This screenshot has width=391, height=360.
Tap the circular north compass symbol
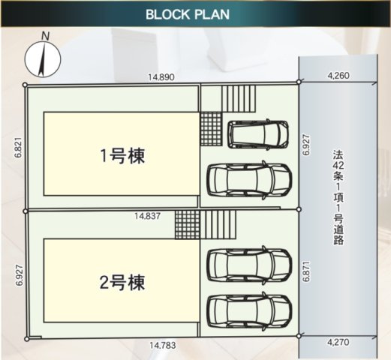click(42, 59)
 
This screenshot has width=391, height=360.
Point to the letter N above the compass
click(46, 36)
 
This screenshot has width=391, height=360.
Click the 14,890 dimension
click(161, 77)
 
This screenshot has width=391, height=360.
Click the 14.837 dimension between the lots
click(148, 216)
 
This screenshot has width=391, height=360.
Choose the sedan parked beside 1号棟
click(249, 178)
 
